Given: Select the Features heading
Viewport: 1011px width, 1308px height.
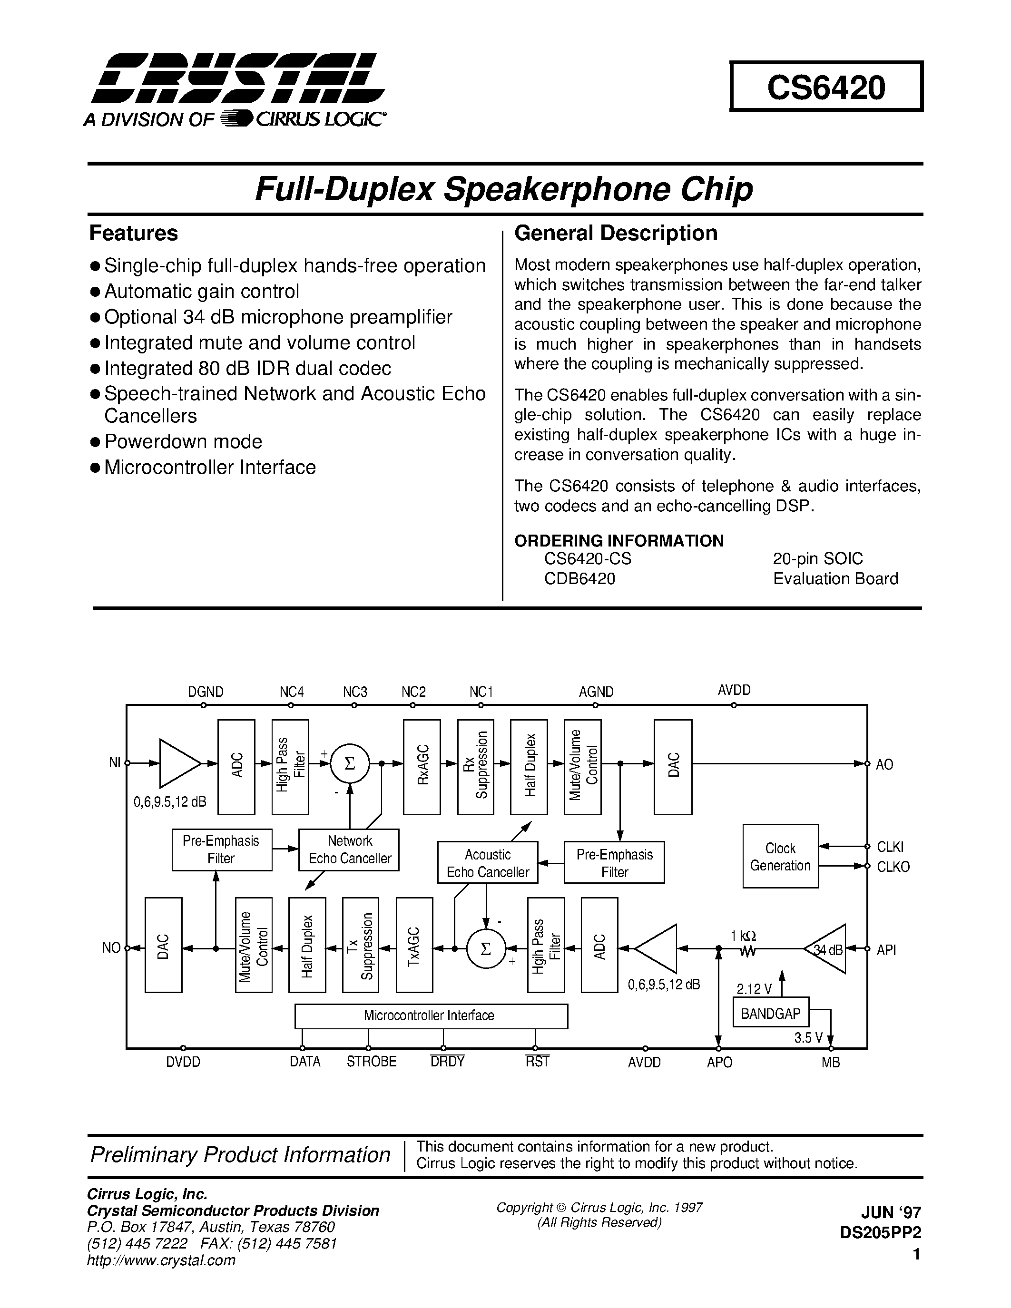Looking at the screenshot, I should click(x=134, y=233).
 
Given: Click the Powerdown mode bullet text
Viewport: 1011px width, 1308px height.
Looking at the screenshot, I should click(x=183, y=441).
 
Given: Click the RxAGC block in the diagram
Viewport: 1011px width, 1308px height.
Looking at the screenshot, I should click(x=422, y=767).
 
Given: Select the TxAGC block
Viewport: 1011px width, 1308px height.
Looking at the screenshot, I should click(x=414, y=945).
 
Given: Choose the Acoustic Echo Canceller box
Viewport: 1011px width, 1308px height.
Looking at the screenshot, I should click(x=488, y=863).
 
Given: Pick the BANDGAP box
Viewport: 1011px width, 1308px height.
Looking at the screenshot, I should click(x=770, y=1013).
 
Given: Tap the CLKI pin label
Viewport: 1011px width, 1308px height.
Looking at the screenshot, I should click(x=890, y=846).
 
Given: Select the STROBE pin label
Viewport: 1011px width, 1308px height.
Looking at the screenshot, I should click(x=372, y=1062).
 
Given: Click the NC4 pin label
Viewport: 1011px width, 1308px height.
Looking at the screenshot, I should click(x=292, y=692).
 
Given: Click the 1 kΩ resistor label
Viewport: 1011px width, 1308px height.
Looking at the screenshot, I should click(x=743, y=936).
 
